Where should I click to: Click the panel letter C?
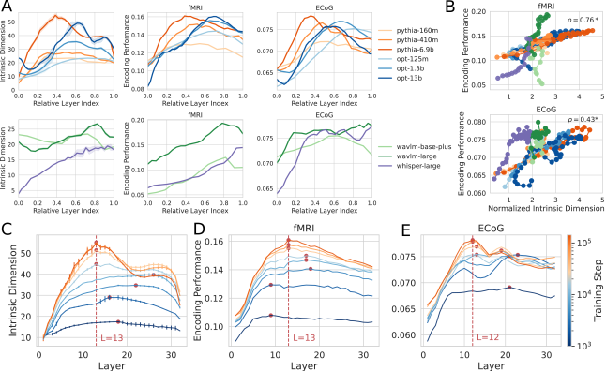pos(8,229)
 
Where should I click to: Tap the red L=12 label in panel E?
pos(489,336)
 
